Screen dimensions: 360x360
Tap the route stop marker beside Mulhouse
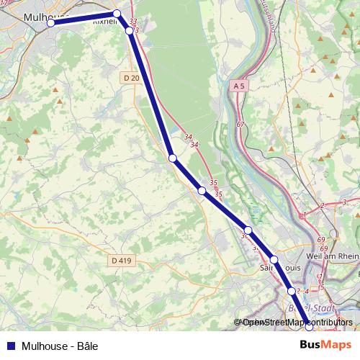coord(51,23)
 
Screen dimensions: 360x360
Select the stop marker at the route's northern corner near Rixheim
coord(117,14)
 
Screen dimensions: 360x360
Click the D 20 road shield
coord(130,78)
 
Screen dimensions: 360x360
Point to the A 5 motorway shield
coord(240,86)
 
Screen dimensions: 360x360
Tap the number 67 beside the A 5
coord(240,125)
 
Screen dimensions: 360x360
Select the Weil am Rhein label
coord(332,256)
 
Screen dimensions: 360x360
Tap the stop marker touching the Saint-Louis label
coord(274,259)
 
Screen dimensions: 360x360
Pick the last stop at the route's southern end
coord(308,325)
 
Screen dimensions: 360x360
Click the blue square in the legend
coord(9,346)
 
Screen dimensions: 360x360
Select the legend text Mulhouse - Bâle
coord(60,346)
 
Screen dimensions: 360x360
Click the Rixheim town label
coord(104,22)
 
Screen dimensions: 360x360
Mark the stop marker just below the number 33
coord(129,31)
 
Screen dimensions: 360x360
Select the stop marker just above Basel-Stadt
coord(291,291)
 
